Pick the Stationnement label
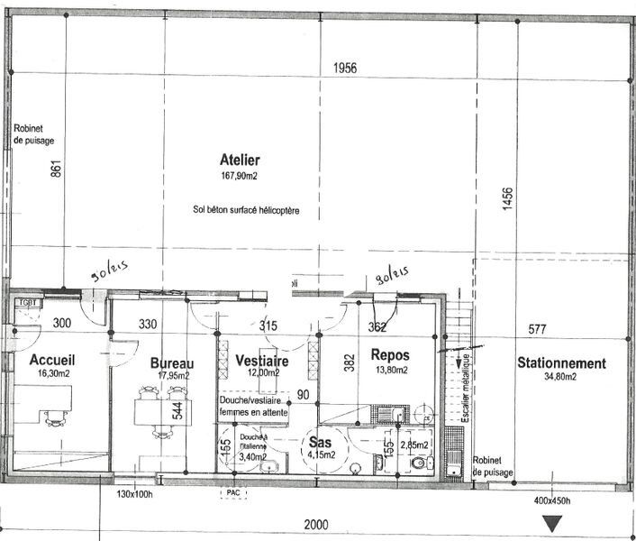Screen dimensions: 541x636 (x=560, y=363)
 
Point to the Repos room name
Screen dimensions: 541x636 (x=391, y=356)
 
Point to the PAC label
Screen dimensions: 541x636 (x=232, y=493)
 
